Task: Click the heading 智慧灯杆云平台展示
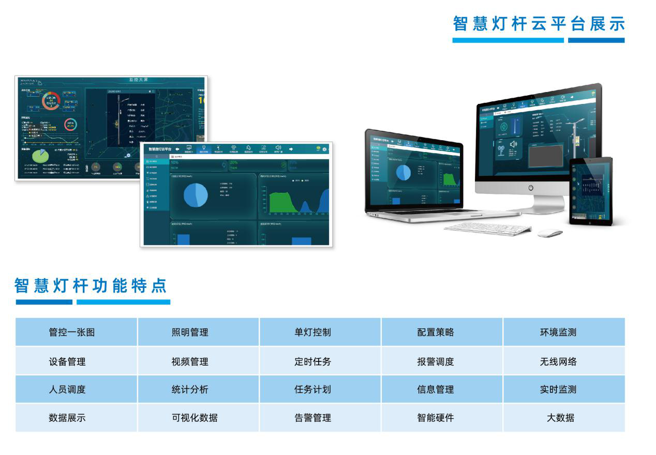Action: pos(539,24)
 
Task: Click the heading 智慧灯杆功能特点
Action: pos(91,285)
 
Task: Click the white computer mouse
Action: pos(549,233)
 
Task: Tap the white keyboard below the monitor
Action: pos(488,228)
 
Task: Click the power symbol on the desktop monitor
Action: pos(531,188)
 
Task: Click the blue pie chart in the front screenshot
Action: pos(196,195)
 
